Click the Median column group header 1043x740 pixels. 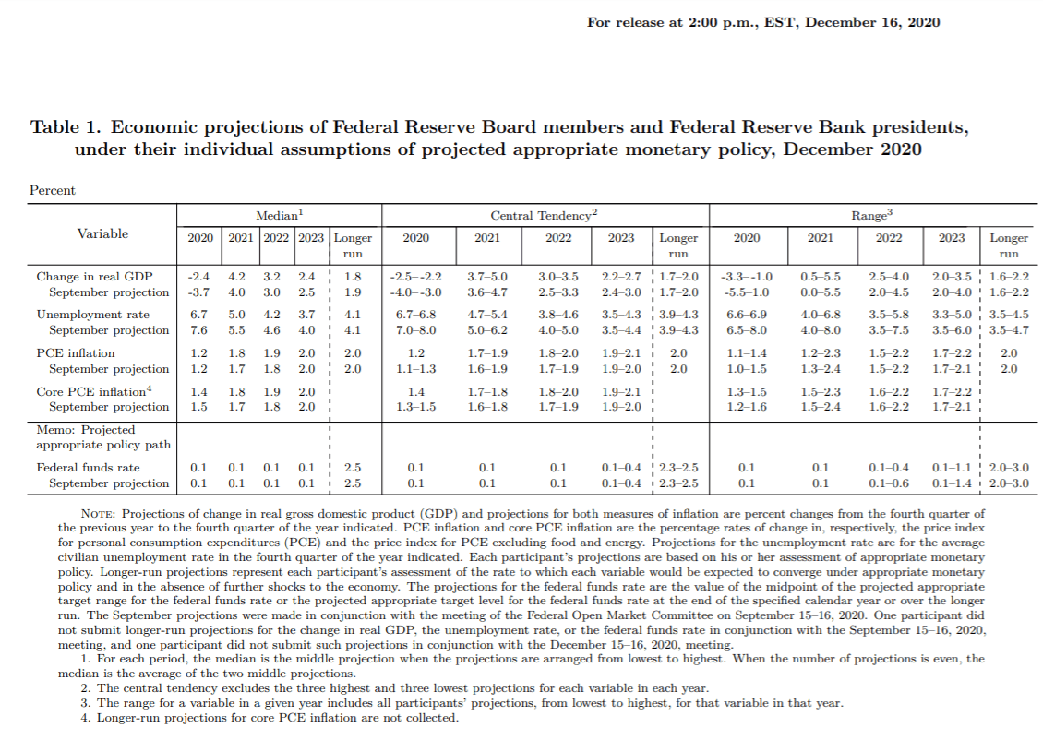pos(279,215)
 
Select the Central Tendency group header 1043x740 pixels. pos(544,215)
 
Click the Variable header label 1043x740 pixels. pos(102,234)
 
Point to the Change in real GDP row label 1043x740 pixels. pos(94,276)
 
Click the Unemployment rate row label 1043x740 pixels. pos(92,315)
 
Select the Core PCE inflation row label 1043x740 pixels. pos(92,391)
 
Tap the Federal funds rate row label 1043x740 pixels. pos(89,468)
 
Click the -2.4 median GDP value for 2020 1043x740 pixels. pos(198,276)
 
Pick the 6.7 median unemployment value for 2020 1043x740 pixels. pos(198,315)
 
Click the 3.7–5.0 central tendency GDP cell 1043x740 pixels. pos(487,276)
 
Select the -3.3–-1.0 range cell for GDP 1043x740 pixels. pos(747,276)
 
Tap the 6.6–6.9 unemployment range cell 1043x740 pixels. pos(747,315)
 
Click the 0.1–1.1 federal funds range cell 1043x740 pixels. pos(952,468)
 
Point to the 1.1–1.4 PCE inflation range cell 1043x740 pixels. pos(747,352)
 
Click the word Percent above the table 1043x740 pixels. pos(53,191)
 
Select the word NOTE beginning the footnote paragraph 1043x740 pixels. pos(97,514)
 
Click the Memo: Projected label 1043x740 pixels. pos(85,430)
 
